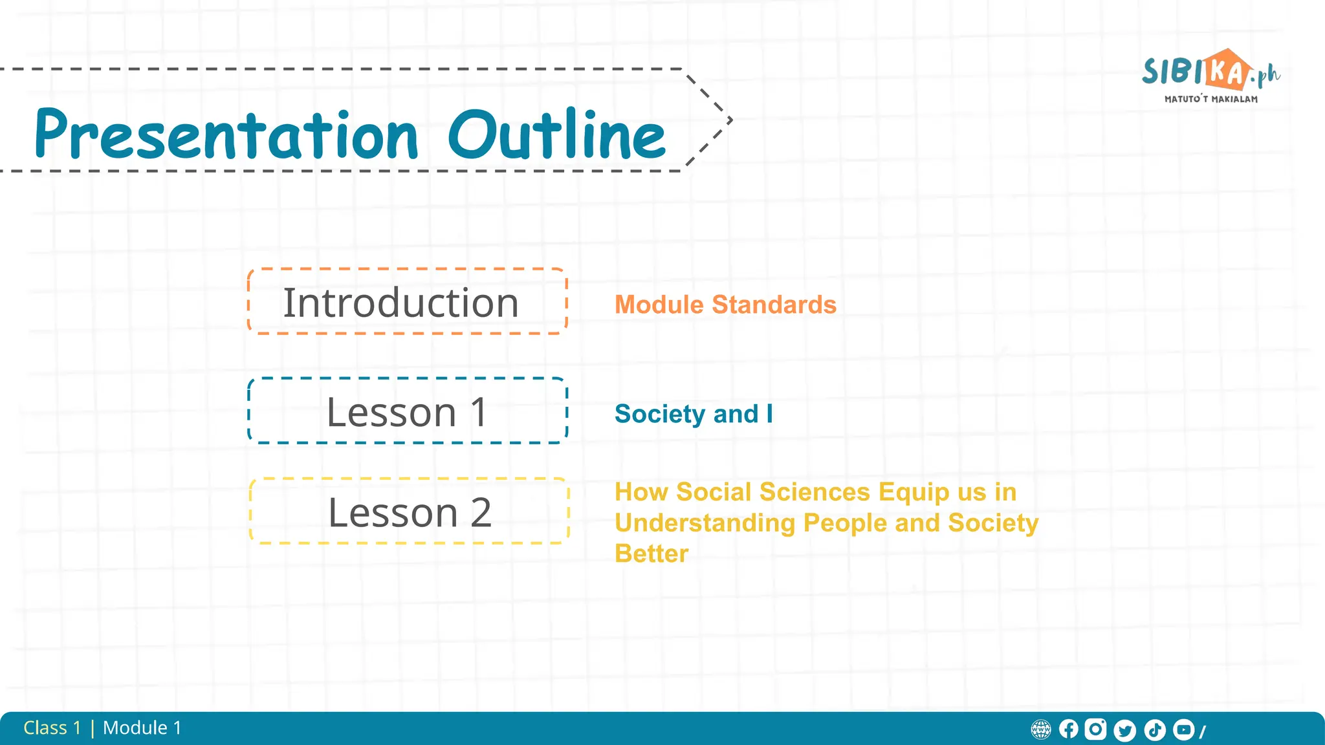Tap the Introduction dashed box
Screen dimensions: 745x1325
(408, 302)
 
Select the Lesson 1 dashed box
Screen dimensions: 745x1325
(408, 411)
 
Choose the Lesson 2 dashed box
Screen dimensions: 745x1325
(409, 512)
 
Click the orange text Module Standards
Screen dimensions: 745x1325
(725, 305)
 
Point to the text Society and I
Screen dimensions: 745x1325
(694, 414)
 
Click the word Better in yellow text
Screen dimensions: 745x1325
(652, 554)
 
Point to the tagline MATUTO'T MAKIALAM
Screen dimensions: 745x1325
(1211, 100)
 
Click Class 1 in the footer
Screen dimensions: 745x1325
(52, 728)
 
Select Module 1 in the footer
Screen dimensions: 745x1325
(142, 728)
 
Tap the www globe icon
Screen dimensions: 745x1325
(1041, 730)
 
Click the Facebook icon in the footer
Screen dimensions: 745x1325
(1069, 729)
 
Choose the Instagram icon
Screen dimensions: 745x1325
(1095, 729)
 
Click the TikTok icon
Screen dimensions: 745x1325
(1155, 730)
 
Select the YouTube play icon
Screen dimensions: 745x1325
(1184, 729)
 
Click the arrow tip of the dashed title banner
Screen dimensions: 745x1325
(730, 120)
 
